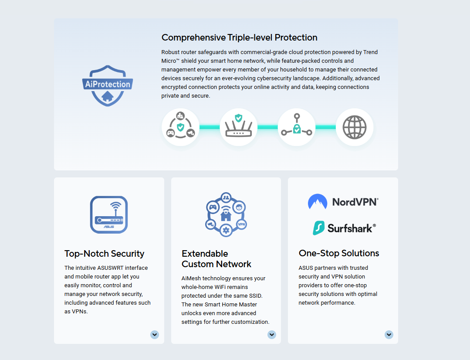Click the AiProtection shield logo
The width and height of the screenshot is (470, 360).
(x=107, y=85)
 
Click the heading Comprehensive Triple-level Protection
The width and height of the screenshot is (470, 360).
(x=239, y=37)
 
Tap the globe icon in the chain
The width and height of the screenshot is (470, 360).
(x=354, y=127)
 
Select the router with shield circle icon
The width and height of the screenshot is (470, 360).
(x=238, y=127)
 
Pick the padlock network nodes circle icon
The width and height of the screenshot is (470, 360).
(x=296, y=127)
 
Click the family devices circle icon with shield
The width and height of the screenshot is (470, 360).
(x=180, y=127)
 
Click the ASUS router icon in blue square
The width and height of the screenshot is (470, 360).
(x=109, y=214)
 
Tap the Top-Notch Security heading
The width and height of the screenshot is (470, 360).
(x=104, y=254)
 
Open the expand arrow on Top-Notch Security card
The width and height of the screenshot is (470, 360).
(x=155, y=334)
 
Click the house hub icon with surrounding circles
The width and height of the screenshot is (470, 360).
(x=226, y=214)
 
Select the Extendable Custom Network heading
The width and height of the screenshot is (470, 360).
(x=216, y=259)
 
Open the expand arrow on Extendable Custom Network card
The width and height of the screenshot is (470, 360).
(x=272, y=334)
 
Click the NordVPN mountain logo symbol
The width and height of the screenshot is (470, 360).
(x=318, y=202)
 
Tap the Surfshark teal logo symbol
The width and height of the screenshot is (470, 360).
(x=319, y=228)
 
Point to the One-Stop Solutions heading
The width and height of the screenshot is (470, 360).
(x=339, y=253)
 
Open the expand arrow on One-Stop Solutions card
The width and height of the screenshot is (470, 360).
(x=389, y=334)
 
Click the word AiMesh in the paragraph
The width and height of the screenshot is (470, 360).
(x=192, y=278)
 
